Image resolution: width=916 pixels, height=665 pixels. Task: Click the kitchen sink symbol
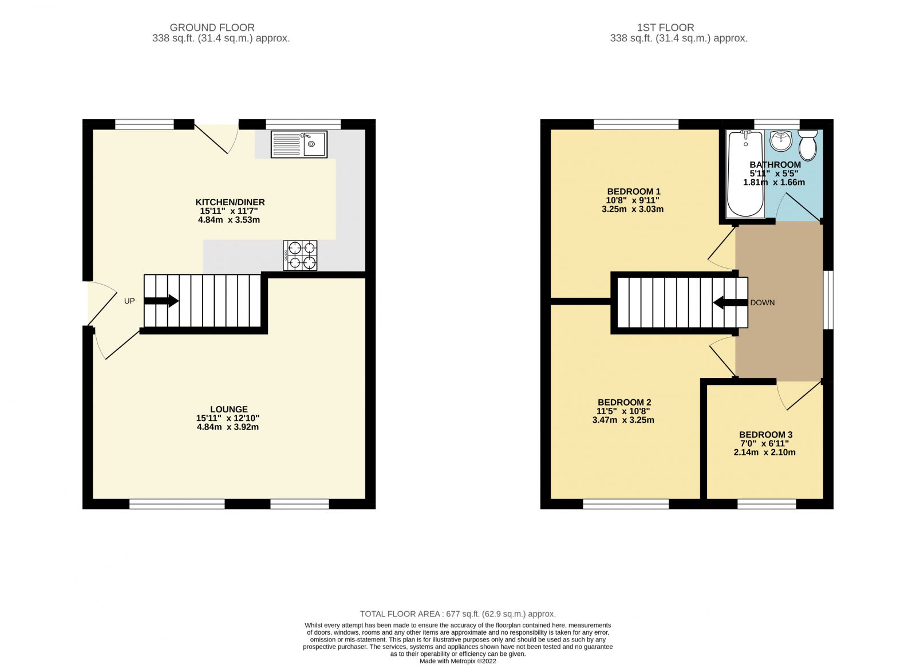click(298, 144)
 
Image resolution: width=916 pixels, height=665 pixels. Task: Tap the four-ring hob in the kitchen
click(301, 255)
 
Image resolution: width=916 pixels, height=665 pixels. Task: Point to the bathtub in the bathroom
click(745, 174)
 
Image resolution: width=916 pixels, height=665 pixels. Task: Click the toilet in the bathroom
click(808, 145)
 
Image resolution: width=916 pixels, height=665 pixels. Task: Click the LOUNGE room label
click(228, 409)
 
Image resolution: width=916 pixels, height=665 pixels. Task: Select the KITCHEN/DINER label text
click(230, 202)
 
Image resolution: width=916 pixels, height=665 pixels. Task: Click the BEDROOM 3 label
click(765, 435)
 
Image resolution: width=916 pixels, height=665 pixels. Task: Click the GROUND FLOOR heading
click(212, 27)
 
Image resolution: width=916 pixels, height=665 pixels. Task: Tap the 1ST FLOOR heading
click(665, 27)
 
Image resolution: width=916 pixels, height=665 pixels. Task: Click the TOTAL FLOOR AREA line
click(457, 614)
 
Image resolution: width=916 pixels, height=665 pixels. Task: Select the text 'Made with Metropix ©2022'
click(457, 660)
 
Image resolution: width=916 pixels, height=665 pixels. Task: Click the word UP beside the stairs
click(129, 301)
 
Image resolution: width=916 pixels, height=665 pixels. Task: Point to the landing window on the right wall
click(828, 300)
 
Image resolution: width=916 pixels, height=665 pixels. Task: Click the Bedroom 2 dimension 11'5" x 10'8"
click(623, 411)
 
